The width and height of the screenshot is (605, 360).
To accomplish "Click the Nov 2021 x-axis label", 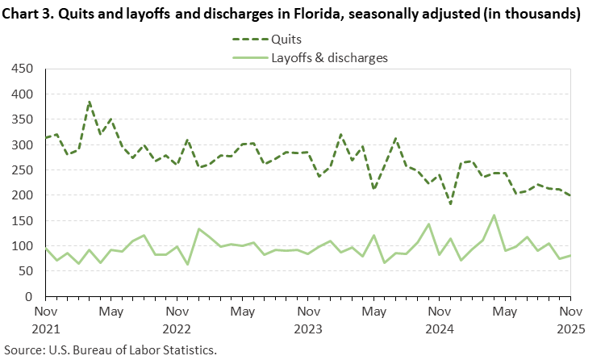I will point(45,320).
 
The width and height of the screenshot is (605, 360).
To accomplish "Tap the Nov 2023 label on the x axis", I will point(307,320).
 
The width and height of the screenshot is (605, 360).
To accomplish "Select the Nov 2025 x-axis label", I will point(570,320).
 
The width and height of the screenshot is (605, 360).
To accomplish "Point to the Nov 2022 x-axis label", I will point(176,320).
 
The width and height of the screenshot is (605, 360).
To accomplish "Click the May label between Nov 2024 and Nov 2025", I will point(504,312).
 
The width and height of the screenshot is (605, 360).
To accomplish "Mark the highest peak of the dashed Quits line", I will point(89,102).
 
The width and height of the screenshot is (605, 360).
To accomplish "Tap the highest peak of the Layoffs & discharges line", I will point(494,216).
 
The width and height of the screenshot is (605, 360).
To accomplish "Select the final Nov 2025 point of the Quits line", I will point(570,195).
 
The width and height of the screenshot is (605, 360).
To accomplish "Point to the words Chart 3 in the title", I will point(28,15).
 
